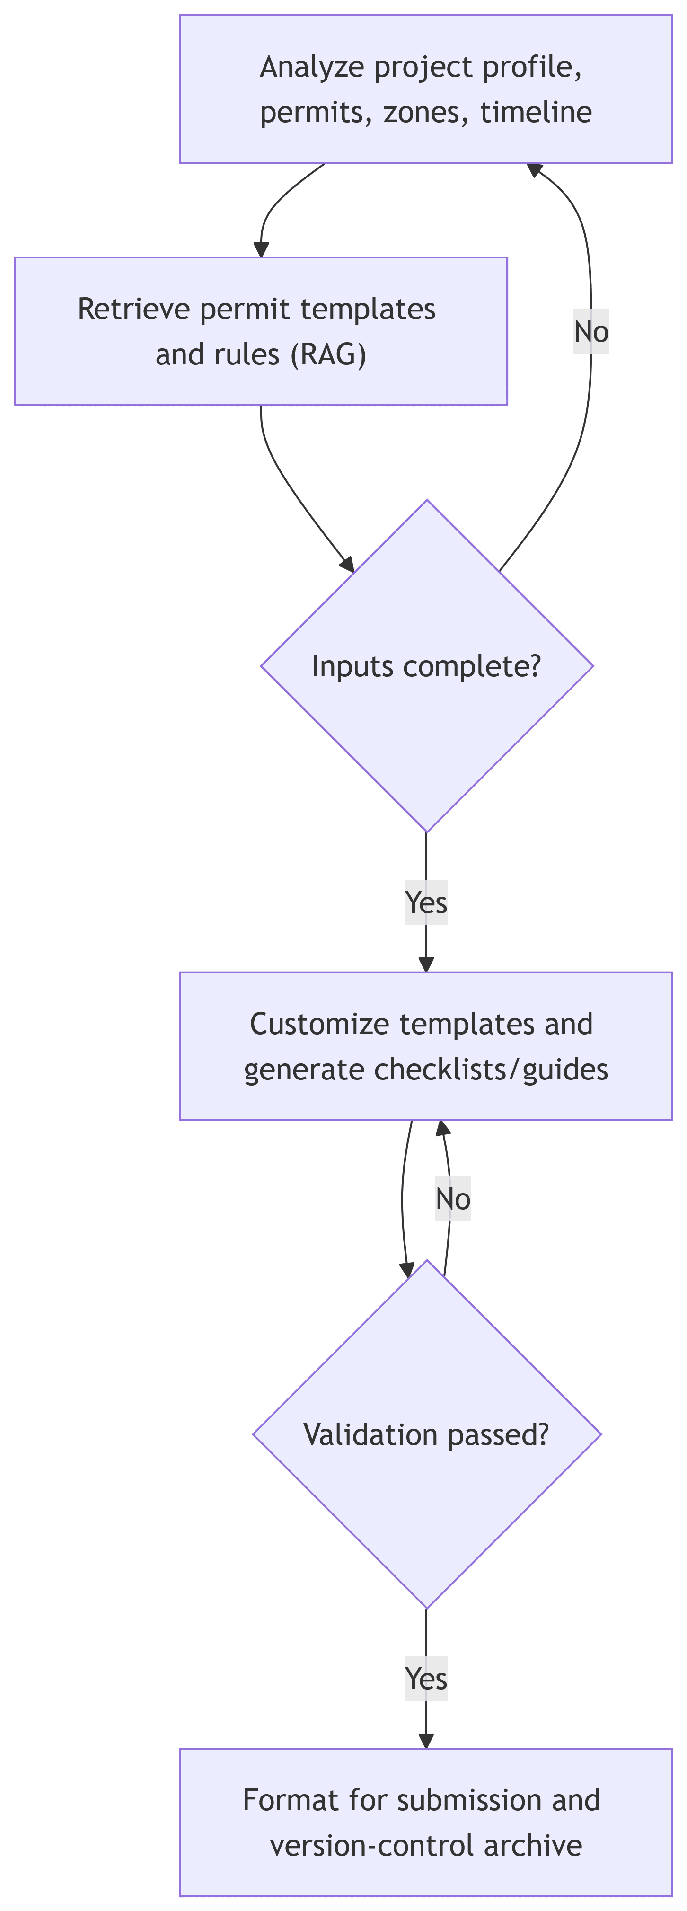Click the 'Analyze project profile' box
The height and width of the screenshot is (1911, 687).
coord(426,89)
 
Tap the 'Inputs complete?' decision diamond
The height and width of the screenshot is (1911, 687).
coord(427,666)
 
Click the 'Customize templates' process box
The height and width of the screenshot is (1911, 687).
coord(426,1046)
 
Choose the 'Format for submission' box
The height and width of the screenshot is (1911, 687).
coord(426,1822)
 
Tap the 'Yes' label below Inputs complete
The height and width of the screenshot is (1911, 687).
coord(426,903)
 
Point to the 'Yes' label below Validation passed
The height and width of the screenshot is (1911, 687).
coord(426,1679)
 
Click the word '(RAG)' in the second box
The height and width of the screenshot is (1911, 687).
coord(329,354)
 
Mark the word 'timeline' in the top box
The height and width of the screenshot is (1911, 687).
coord(537,113)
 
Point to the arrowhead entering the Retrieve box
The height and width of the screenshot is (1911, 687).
coord(261,250)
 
